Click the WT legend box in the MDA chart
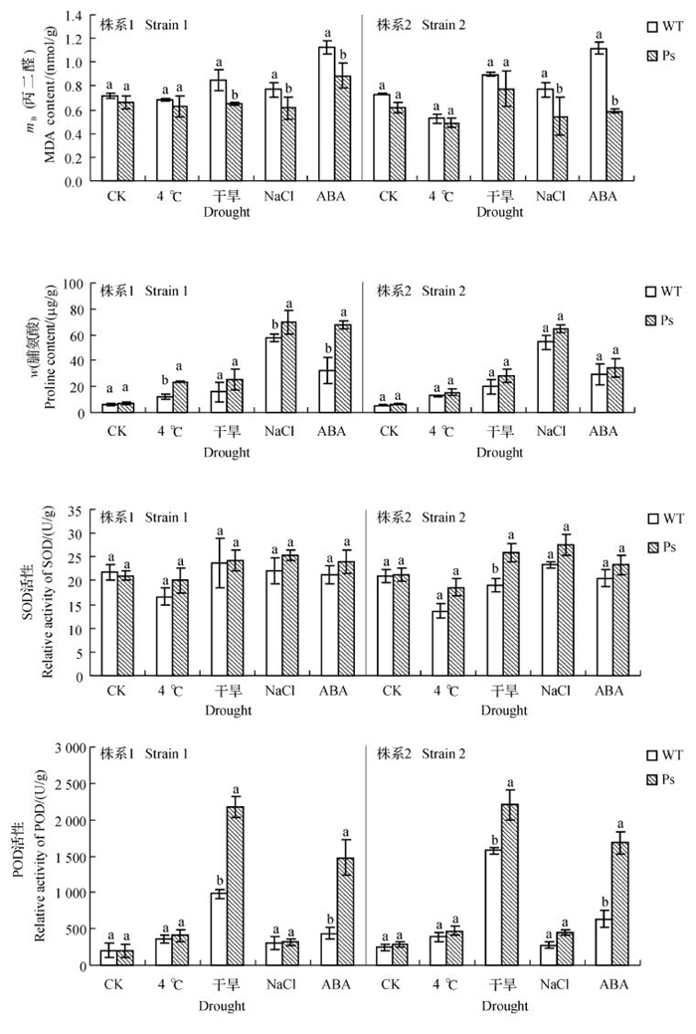point(652,26)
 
